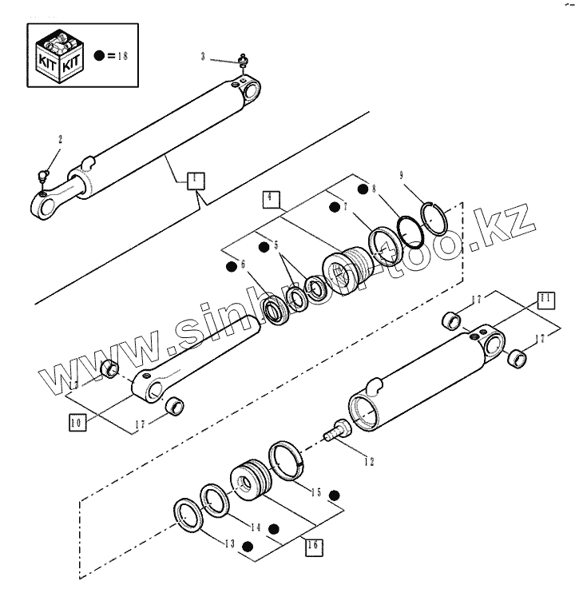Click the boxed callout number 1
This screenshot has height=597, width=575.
(x=195, y=180)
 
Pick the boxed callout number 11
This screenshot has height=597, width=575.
(x=544, y=300)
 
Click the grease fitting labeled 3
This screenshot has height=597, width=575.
(x=242, y=60)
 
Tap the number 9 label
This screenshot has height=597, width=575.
(x=401, y=175)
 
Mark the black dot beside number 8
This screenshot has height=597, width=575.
(x=363, y=189)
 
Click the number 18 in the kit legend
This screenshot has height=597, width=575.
(x=121, y=56)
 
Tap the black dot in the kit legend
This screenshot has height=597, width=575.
(x=99, y=56)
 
